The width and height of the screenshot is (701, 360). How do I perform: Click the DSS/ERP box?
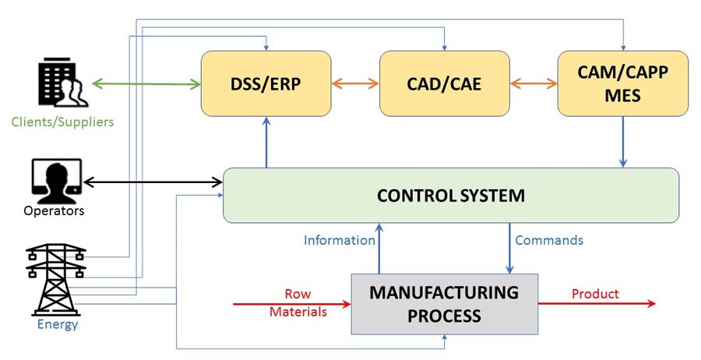tap(266, 83)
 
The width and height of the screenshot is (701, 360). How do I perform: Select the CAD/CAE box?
tap(444, 83)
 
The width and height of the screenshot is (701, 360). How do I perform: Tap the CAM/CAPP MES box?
tap(623, 83)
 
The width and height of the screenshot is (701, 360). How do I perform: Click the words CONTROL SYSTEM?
tap(450, 195)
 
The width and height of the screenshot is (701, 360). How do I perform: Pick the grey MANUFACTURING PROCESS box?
tap(444, 304)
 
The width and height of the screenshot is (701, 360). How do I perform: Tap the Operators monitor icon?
tap(57, 181)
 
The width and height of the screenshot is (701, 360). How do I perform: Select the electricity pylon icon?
tap(57, 279)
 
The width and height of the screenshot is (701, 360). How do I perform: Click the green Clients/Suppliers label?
tap(62, 122)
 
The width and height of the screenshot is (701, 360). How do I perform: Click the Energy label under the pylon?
tap(58, 324)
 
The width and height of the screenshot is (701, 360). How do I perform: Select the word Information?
tap(340, 240)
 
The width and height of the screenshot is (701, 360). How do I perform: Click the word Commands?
tap(549, 240)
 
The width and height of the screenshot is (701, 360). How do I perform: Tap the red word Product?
tap(595, 294)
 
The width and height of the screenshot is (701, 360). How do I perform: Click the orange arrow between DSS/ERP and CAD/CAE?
tap(354, 83)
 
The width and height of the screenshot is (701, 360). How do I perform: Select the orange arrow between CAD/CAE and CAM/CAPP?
tap(534, 83)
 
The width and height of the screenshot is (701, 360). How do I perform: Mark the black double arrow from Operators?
tap(153, 183)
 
